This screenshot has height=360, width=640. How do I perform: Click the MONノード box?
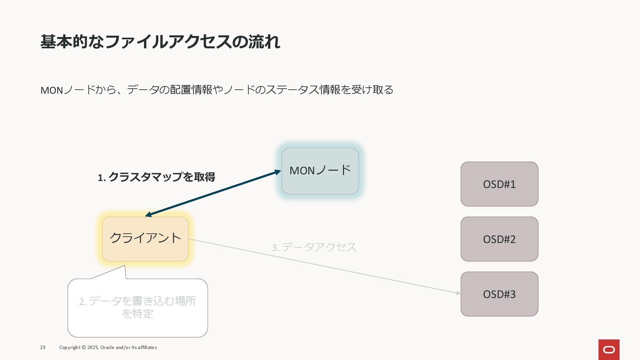pos(320,171)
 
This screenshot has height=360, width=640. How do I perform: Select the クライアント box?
pos(145,239)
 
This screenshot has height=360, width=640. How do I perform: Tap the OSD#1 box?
pos(499,184)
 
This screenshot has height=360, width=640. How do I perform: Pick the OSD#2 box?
pos(499,239)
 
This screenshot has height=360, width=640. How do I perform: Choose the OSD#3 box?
pos(499,294)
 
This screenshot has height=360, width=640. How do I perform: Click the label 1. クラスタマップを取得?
pos(156,177)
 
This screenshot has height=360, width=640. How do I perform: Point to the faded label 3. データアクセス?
pos(314,247)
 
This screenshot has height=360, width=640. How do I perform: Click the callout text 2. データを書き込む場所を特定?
pos(137,307)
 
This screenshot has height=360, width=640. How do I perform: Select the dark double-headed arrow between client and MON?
pos(213,194)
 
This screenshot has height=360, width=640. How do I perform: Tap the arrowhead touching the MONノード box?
pos(278,172)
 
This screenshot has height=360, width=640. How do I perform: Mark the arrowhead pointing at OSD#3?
pos(458,293)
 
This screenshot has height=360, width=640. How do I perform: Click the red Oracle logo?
pos(609,349)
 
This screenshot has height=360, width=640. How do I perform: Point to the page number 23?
pos(43,347)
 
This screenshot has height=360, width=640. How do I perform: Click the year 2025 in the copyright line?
pos(92,347)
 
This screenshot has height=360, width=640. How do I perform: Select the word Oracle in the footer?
pos(107,347)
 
